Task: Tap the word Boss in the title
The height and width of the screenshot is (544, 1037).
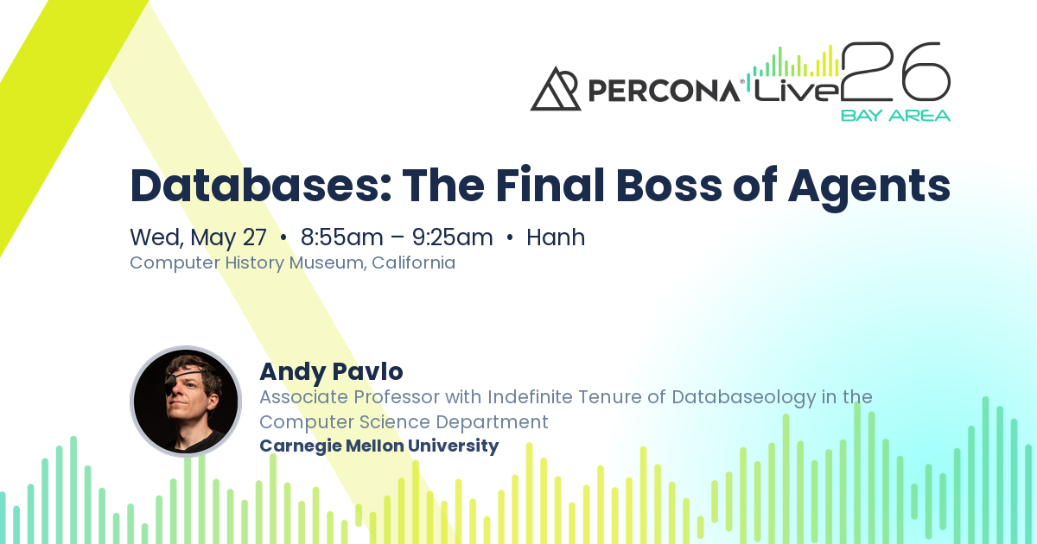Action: click(x=669, y=186)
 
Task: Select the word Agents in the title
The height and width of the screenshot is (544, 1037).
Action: click(x=869, y=188)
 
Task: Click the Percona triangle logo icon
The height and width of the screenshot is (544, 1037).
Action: click(x=556, y=89)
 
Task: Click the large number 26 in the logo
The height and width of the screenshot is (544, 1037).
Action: click(x=896, y=72)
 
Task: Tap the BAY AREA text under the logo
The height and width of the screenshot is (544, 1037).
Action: click(x=896, y=115)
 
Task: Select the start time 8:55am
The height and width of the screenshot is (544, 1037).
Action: click(x=341, y=237)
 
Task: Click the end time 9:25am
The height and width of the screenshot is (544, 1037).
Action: click(x=452, y=237)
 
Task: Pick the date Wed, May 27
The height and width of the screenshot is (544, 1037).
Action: click(x=198, y=237)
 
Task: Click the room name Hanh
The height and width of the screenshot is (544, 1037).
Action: click(x=556, y=237)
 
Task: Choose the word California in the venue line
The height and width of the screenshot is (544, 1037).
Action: click(x=413, y=263)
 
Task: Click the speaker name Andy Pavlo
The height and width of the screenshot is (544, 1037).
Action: click(x=332, y=371)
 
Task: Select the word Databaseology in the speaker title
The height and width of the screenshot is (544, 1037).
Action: click(x=743, y=397)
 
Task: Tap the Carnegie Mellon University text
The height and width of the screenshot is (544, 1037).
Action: click(x=379, y=446)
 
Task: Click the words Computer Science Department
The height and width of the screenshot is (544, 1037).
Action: click(x=404, y=422)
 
